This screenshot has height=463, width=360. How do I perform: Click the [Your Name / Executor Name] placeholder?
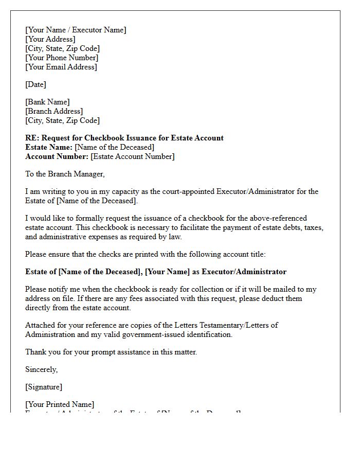[x=76, y=30]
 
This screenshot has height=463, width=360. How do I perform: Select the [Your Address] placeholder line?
[x=50, y=39]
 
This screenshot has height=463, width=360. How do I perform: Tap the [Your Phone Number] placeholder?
[x=62, y=58]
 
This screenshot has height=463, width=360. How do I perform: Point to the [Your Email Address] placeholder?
[x=61, y=67]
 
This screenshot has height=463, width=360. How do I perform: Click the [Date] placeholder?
[x=35, y=84]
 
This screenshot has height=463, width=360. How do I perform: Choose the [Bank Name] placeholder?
[x=47, y=102]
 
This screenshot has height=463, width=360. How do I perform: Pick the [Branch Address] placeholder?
[x=54, y=111]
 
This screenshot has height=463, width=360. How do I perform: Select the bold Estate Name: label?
[x=49, y=147]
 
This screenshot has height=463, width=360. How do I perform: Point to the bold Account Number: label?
[x=57, y=156]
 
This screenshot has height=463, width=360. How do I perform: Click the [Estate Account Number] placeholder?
[x=133, y=156]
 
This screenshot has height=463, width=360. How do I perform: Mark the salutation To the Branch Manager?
[x=65, y=174]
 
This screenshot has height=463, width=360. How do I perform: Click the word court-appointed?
[x=185, y=191]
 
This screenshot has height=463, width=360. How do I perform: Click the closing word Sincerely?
[x=42, y=369]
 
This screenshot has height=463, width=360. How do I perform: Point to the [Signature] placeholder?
[x=44, y=387]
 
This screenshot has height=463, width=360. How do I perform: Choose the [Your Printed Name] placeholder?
[x=60, y=404]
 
